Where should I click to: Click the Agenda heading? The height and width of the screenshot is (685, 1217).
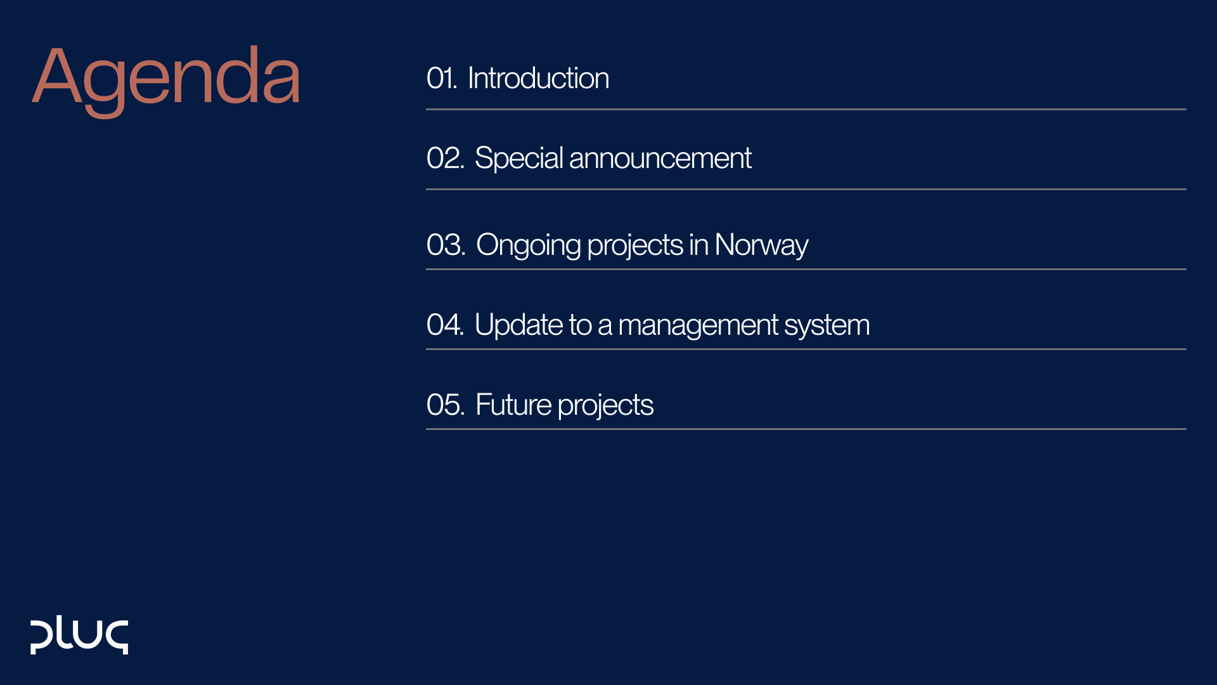coord(166,77)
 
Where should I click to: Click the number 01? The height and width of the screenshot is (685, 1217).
coord(441,79)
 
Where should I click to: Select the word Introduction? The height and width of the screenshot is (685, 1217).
coord(538,79)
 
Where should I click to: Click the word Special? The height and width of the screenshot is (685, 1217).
coord(518,159)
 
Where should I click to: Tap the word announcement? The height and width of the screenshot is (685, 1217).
coord(660,159)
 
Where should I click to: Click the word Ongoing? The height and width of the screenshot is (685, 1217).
coord(528,245)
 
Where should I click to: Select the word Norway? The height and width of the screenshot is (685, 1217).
coord(761,245)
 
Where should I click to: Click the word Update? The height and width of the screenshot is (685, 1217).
coord(518,325)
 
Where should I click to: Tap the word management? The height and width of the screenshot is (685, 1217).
coord(698,325)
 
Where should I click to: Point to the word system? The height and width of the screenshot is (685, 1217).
coord(827,325)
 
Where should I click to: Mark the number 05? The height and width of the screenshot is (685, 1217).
coord(445,405)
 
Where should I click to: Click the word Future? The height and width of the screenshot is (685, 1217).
coord(513,405)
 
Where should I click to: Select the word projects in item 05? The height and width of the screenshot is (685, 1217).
coord(605,405)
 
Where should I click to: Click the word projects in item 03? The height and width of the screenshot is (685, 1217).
coord(635,245)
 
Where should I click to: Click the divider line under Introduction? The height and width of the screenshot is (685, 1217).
coord(805,110)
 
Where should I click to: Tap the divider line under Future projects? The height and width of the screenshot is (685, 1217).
coord(805,429)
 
